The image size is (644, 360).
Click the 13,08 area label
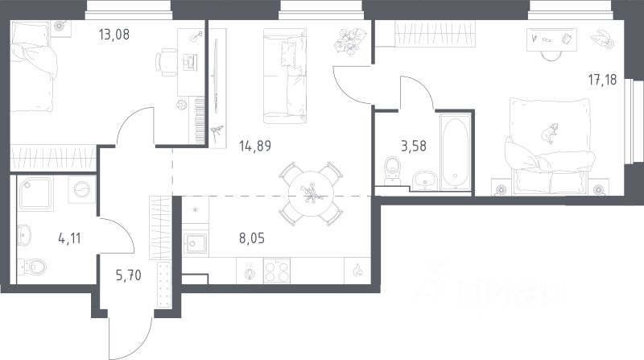114,34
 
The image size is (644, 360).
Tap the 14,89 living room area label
255,146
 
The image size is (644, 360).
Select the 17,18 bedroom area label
602,79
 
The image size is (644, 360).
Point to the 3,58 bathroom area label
414,146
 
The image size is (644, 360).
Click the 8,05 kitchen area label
252,238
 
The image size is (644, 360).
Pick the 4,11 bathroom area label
69,238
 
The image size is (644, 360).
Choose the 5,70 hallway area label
129,275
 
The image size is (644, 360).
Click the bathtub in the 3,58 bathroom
455,152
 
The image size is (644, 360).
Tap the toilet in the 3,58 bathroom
392,170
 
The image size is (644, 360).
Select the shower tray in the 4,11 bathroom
35,194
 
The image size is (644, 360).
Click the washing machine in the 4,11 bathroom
82,189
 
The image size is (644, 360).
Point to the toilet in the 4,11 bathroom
33,267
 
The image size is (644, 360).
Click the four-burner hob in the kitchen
277,271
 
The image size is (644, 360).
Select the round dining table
311,194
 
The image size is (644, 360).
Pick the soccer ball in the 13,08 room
181,105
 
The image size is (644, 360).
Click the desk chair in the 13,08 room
166,63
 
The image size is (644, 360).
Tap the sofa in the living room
285,76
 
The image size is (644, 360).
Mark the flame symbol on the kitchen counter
357,270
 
